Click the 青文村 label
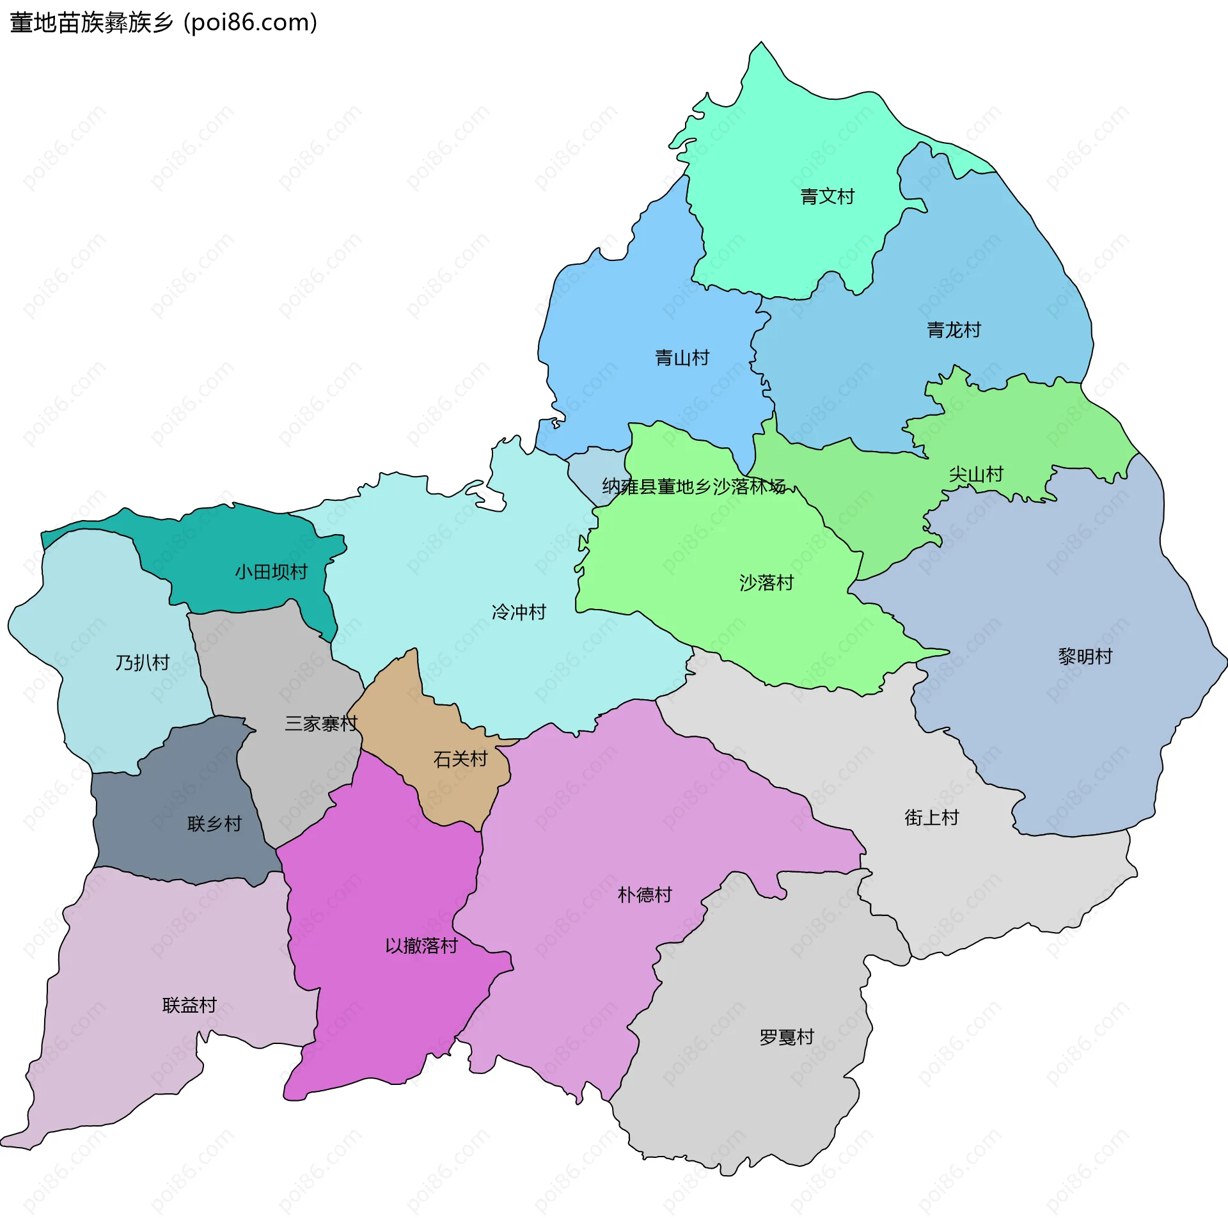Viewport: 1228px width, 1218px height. coord(827,196)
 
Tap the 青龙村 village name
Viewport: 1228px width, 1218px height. coord(954,330)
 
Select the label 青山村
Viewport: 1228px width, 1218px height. coord(682,358)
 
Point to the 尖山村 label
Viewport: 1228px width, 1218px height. coord(975,474)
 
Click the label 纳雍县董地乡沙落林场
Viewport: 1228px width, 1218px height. coord(693,487)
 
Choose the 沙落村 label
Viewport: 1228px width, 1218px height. coord(766,583)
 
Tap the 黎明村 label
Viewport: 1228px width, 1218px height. coord(1085,656)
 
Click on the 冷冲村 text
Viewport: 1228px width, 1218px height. coord(519,612)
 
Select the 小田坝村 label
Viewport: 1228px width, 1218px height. coord(271,572)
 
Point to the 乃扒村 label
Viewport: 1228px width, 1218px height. coord(142,663)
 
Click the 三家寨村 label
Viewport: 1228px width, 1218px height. coord(321,724)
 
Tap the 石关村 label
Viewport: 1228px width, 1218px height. coord(460,759)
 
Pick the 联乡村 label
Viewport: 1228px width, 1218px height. coord(214,824)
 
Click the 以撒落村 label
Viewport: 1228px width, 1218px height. coord(421,946)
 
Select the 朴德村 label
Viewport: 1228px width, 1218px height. coord(645,895)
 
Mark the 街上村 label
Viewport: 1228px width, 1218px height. coord(931,818)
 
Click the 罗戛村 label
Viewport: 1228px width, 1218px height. coord(786,1037)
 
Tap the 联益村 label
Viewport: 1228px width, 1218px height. coord(189,1006)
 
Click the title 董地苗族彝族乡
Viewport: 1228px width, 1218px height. coord(91,23)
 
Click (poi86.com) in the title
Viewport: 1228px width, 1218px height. coord(250,23)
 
